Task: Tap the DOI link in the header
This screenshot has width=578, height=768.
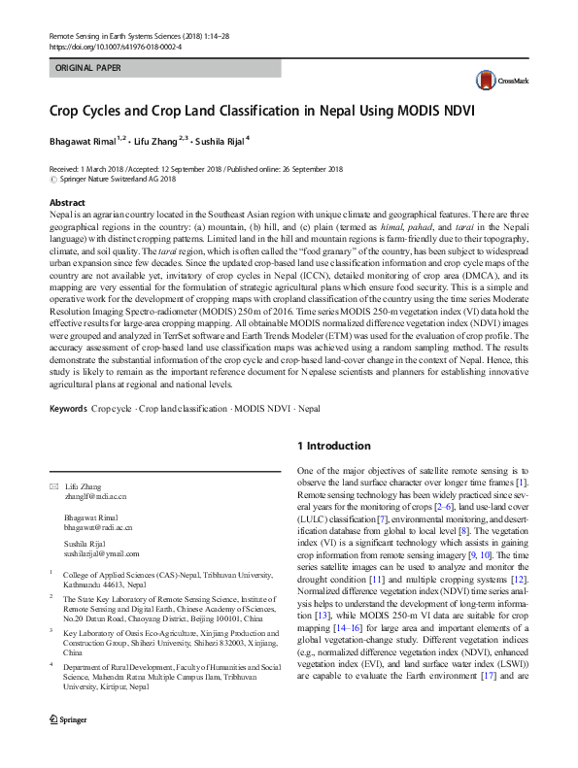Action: click(115, 46)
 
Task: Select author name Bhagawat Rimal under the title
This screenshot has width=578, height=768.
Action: click(83, 142)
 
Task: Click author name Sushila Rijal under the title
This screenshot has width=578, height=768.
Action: click(220, 142)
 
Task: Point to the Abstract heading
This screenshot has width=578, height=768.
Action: click(67, 202)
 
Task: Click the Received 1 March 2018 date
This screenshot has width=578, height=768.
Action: click(85, 169)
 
